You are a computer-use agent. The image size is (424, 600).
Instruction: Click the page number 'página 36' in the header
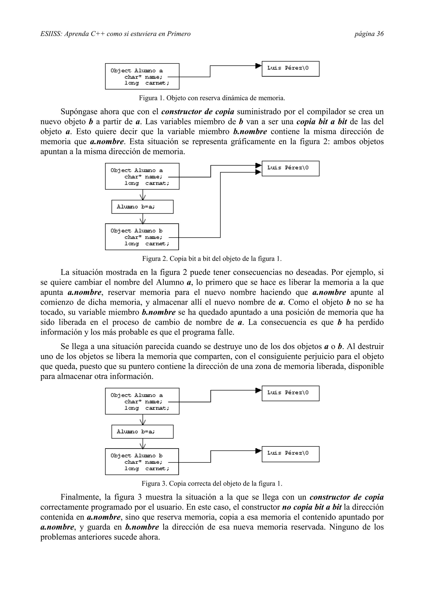pyautogui.click(x=369, y=34)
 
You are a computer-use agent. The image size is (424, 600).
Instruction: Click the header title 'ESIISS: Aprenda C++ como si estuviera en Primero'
pyautogui.click(x=116, y=34)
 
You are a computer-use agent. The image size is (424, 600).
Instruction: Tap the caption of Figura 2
pyautogui.click(x=212, y=259)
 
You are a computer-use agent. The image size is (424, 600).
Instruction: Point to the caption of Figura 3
pyautogui.click(x=212, y=483)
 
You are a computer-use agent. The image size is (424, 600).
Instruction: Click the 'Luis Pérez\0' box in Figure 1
pyautogui.click(x=290, y=69)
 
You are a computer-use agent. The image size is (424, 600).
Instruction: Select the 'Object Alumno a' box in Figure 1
pyautogui.click(x=142, y=76)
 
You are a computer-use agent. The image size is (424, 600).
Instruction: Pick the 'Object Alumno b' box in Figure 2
pyautogui.click(x=142, y=237)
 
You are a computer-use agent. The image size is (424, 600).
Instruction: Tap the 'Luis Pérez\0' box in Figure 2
pyautogui.click(x=290, y=169)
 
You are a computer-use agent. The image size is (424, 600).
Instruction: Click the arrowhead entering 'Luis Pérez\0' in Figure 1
pyautogui.click(x=258, y=66)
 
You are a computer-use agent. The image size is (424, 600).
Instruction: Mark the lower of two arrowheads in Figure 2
pyautogui.click(x=258, y=172)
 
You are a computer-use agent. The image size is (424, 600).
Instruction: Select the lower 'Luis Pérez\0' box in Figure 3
pyautogui.click(x=290, y=454)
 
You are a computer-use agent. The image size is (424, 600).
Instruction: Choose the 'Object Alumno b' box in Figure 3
pyautogui.click(x=142, y=462)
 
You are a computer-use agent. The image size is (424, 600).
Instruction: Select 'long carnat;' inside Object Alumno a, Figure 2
pyautogui.click(x=147, y=183)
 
